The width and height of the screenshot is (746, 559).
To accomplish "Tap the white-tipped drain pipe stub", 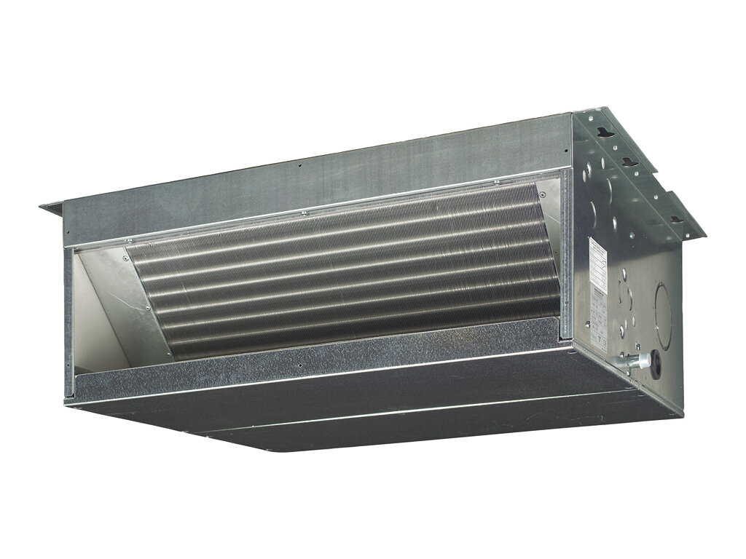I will [620, 362].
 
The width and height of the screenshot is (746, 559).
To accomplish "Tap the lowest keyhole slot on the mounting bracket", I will [676, 218].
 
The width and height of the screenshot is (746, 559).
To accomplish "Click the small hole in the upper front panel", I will [299, 164].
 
